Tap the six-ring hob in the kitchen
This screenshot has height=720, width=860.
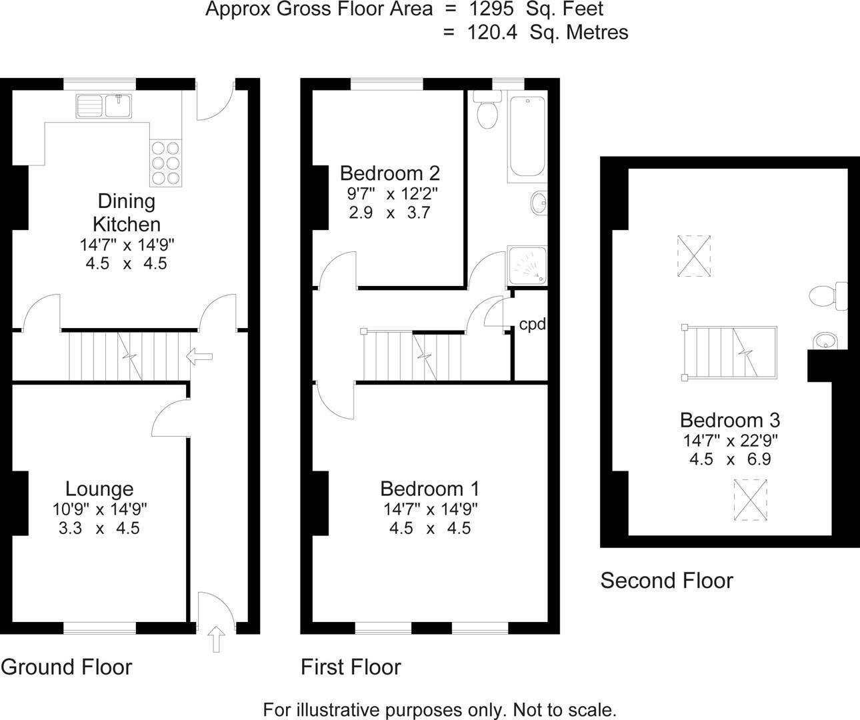(x=165, y=163)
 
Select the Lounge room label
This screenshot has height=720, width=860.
(x=99, y=489)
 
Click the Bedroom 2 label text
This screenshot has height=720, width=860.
(x=390, y=173)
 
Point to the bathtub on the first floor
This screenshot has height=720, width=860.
(x=527, y=138)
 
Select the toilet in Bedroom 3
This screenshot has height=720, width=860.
(x=827, y=296)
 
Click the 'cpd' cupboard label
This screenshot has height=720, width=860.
(x=533, y=325)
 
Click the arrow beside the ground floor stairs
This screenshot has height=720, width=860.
(x=199, y=357)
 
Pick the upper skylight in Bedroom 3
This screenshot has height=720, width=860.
(x=693, y=255)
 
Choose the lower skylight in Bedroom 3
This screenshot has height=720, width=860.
(x=751, y=499)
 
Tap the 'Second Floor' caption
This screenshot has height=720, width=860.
(x=667, y=581)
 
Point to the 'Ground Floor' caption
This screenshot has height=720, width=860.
(x=67, y=667)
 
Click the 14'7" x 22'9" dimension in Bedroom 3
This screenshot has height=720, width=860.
(x=731, y=441)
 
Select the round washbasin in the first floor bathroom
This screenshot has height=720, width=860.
(x=539, y=203)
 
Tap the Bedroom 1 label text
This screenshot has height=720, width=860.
(x=430, y=489)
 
